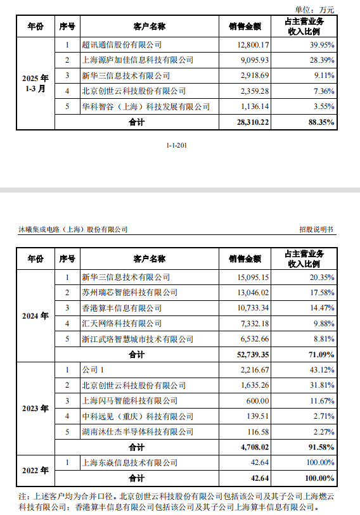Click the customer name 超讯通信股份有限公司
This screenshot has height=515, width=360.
tap(122, 45)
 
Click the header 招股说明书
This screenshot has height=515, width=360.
tap(315, 229)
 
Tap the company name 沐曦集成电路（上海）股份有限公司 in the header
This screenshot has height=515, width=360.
tap(74, 229)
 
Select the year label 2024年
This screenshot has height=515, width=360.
tap(35, 315)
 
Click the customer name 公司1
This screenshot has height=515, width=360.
tap(93, 369)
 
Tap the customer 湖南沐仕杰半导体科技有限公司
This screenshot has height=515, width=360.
tap(138, 431)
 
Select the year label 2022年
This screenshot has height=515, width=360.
tap(35, 470)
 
